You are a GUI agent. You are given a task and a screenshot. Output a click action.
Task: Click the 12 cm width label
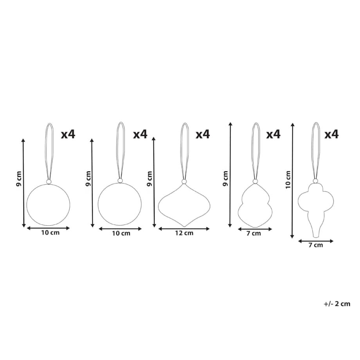tap(184, 233)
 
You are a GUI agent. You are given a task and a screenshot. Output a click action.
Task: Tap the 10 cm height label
tap(288, 180)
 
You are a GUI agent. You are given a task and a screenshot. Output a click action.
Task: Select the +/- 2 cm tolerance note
tap(337, 304)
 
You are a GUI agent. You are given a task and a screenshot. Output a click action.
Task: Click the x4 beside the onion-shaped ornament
tap(203, 134)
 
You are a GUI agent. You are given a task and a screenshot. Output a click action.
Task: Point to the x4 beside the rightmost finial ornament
tap(331, 134)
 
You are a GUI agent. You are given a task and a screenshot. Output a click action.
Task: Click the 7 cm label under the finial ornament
tap(316, 245)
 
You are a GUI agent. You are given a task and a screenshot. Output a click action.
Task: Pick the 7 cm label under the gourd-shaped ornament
tap(254, 234)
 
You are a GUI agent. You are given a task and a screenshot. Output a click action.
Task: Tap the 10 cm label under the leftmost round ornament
tap(50, 233)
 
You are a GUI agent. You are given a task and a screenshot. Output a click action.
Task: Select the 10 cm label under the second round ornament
tap(121, 234)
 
